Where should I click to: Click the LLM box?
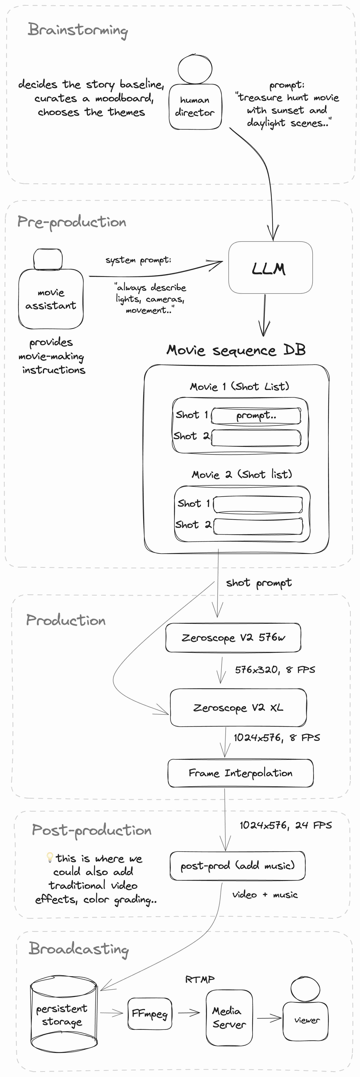270,268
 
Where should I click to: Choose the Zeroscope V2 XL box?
238,707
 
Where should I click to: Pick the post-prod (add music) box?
237,865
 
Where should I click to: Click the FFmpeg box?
149,1014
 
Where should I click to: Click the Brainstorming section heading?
78,30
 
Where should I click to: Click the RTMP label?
200,979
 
